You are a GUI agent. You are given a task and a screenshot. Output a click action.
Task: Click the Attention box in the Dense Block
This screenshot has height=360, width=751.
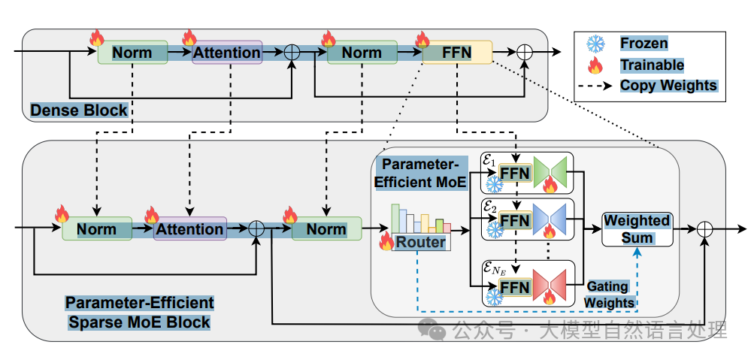227,52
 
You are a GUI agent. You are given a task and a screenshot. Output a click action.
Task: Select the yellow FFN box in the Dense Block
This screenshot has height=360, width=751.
457,52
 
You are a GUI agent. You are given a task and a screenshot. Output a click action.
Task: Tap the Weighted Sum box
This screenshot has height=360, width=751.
637,228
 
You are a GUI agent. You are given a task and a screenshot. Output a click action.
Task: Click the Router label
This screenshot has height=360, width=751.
420,242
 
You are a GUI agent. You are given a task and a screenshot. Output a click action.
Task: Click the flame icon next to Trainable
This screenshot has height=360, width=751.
595,65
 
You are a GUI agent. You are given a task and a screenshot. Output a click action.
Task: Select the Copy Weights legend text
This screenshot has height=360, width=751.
668,85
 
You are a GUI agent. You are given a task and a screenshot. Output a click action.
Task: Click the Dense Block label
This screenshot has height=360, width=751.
79,110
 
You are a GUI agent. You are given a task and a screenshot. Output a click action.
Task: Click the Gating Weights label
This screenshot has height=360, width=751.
609,295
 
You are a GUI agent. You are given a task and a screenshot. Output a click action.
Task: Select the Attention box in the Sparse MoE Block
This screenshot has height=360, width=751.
189,228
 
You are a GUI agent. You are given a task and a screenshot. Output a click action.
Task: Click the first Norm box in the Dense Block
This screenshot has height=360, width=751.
132,52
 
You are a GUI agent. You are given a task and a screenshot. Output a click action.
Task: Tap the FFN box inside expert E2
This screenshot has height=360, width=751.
515,220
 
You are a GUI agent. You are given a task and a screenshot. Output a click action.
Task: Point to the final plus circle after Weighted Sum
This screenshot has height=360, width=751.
704,228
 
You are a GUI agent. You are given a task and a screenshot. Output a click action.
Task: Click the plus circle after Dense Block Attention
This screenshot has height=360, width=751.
292,52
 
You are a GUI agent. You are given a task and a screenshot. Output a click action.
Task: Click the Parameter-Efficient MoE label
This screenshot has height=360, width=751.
419,174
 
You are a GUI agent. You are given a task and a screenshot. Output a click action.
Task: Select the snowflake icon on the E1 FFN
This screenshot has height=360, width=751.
493,184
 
